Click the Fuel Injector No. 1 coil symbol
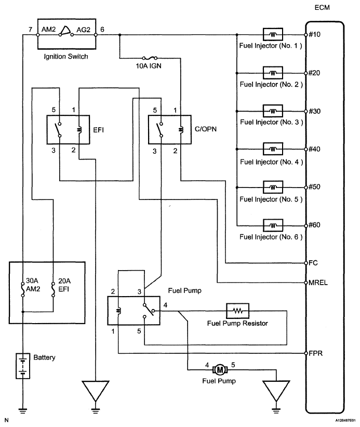pyautogui.click(x=273, y=34)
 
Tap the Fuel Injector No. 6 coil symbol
pyautogui.click(x=273, y=225)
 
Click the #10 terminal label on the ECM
pyautogui.click(x=314, y=35)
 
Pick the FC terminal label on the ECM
pyautogui.click(x=313, y=263)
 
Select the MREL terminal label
pyautogui.click(x=318, y=283)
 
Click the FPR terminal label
pyautogui.click(x=315, y=354)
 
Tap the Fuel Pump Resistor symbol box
pyautogui.click(x=237, y=311)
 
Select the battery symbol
pyautogui.click(x=23, y=366)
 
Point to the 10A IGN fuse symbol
pyautogui.click(x=150, y=58)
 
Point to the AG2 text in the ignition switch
pyautogui.click(x=84, y=31)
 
